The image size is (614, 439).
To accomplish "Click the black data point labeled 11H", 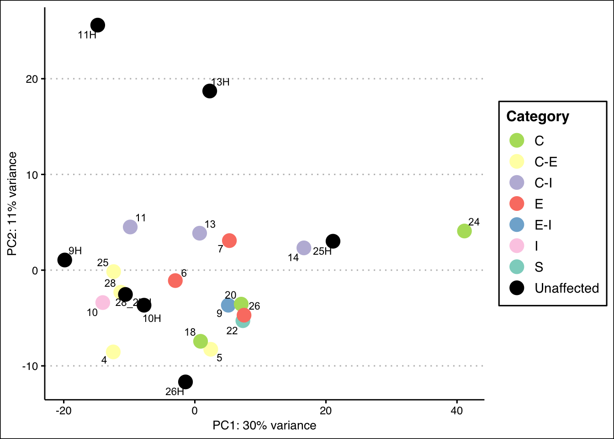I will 97,25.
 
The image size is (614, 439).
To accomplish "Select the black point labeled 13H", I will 209,91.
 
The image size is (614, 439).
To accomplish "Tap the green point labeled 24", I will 464,231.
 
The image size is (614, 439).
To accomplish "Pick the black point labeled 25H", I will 333,241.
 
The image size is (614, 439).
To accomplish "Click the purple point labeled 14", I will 304,248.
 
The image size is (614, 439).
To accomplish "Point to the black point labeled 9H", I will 65,260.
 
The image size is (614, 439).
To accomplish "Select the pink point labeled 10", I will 103,302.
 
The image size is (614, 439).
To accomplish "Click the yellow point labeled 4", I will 113,352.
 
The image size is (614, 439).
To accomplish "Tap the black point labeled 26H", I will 185,381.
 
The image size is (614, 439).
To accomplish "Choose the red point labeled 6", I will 175,280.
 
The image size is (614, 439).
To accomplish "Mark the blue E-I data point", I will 228,305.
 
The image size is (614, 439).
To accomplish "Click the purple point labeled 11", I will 130,226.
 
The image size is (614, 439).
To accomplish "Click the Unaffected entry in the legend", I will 566,288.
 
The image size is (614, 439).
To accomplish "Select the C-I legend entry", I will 543,183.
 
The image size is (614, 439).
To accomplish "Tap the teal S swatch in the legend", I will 517,267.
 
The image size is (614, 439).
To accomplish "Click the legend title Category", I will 538,117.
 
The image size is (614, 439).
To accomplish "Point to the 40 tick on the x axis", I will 457,411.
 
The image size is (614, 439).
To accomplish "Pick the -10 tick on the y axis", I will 32,366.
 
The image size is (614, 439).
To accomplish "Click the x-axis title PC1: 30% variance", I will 264,426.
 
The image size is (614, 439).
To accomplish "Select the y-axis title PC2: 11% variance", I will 12,204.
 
